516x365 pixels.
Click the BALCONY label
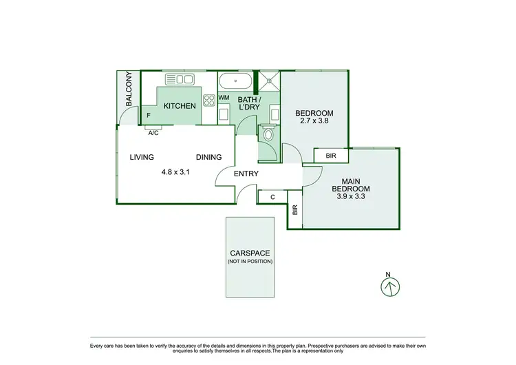tap(129, 90)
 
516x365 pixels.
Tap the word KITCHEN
tap(180, 106)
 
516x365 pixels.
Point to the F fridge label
tap(149, 116)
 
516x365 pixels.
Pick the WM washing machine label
tap(224, 98)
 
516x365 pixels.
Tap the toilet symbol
tap(268, 134)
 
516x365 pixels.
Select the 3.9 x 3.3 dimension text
tap(351, 196)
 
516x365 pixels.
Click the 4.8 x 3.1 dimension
tap(175, 172)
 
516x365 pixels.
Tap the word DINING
tap(208, 157)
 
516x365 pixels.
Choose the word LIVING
tap(142, 157)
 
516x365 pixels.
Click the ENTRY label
tap(246, 174)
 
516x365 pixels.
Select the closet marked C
tap(273, 197)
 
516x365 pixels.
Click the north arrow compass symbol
tap(389, 286)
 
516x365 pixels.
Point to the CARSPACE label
tap(250, 253)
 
